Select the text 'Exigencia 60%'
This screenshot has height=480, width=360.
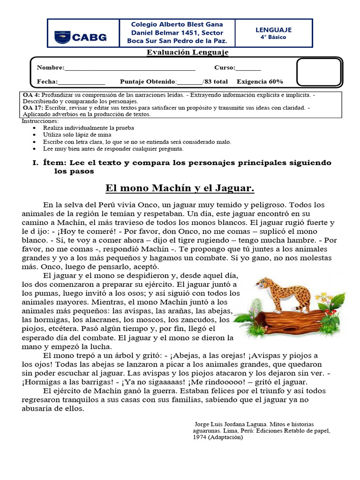point(260,82)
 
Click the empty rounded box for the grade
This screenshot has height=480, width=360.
point(319,72)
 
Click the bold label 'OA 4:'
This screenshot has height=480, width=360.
point(30,95)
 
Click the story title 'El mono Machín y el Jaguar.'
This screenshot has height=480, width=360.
point(180,188)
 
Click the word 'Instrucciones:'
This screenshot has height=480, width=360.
point(40,121)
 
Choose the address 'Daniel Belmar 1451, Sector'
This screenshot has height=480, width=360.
point(170,32)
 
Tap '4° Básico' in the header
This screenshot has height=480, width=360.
point(273,37)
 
